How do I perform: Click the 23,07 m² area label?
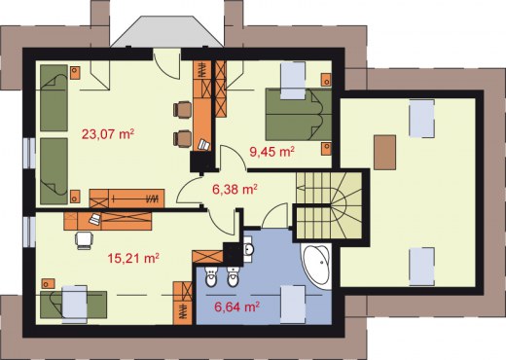click(x=108, y=133)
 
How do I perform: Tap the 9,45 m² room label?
click(x=271, y=151)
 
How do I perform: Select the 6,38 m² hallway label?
click(x=235, y=189)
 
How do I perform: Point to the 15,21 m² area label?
click(x=133, y=258)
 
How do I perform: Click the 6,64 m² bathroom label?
click(x=236, y=306)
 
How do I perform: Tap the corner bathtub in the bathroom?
click(x=316, y=265)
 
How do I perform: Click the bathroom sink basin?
click(x=249, y=249)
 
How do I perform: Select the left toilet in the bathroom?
click(x=211, y=277)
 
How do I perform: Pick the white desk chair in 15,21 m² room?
click(x=84, y=240)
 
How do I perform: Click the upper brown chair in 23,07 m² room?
click(x=182, y=110)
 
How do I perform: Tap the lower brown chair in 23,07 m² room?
click(x=182, y=138)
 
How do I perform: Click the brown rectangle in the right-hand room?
click(x=384, y=153)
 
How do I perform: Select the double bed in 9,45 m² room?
click(x=299, y=114)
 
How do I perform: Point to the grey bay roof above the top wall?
click(x=167, y=32)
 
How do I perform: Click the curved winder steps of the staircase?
click(x=345, y=205)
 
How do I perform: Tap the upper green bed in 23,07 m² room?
click(x=54, y=97)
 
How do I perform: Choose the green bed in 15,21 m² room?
click(x=74, y=305)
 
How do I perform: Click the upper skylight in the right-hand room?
click(x=421, y=119)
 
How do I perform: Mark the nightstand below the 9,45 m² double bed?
click(x=326, y=148)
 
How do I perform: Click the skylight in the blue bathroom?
click(x=293, y=305)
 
